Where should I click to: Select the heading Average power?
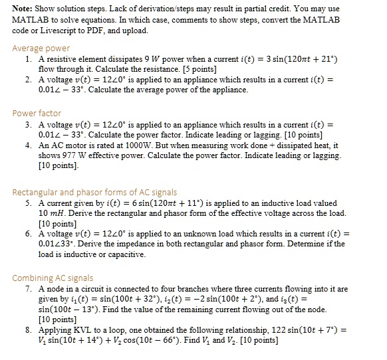(41, 48)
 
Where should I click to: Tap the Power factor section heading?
(37, 113)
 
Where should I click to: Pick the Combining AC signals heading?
(53, 278)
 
